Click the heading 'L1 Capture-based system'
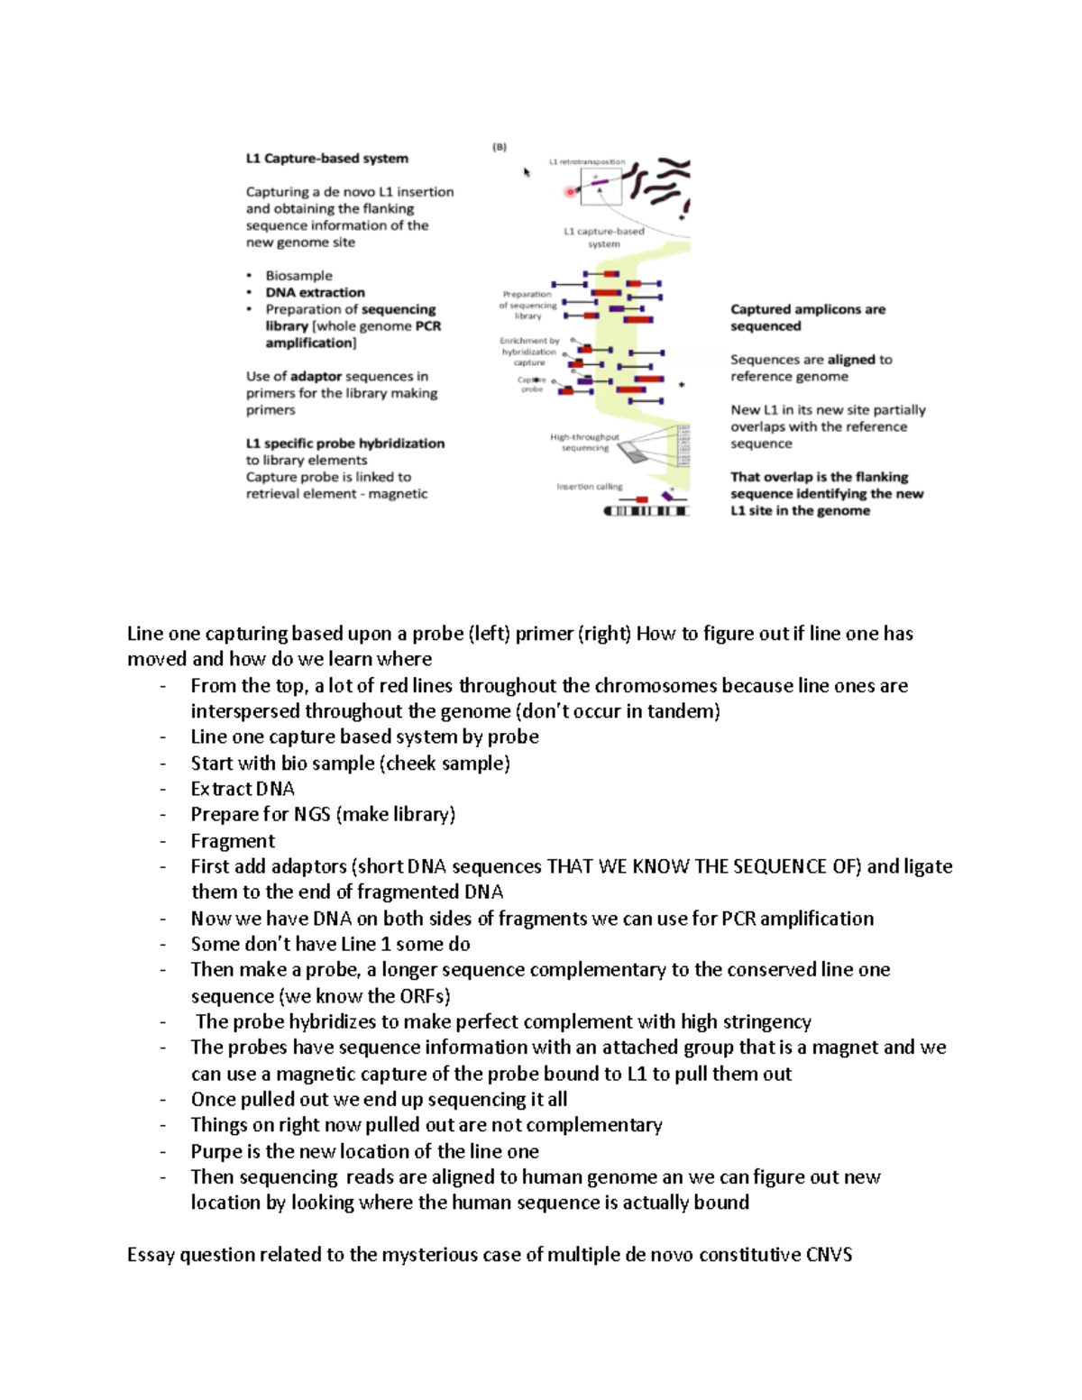pos(326,159)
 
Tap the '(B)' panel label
pos(500,147)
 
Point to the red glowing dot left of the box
pos(570,191)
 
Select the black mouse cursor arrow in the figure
pos(527,172)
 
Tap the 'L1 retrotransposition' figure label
pos(586,162)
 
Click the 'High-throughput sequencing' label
pos(584,442)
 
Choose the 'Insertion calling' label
pos(589,487)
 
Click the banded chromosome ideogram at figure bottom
pos(646,511)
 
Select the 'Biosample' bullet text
pos(298,276)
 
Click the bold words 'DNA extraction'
pos(315,292)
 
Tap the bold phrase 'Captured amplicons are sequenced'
pos(807,317)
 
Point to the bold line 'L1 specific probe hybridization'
pos(344,444)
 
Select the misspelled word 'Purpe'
pos(216,1151)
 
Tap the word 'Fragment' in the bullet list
pos(233,841)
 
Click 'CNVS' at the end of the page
pos(829,1255)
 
